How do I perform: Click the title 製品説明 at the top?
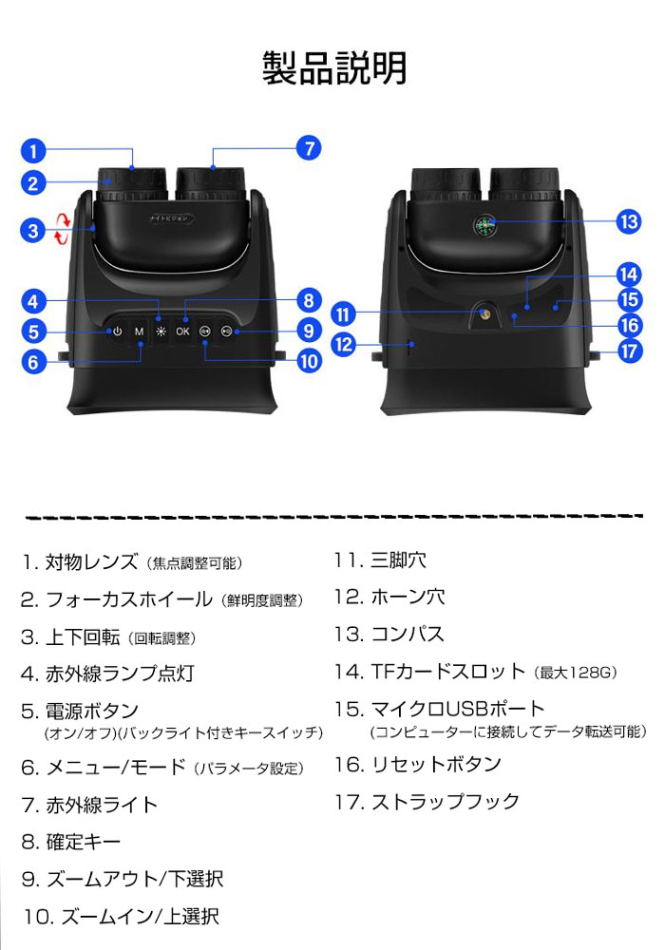[333, 68]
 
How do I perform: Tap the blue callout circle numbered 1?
[32, 150]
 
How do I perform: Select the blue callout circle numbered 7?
[308, 149]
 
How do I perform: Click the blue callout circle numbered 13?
[629, 222]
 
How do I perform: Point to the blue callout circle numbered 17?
[629, 351]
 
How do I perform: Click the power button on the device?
[117, 332]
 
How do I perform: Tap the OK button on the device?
[182, 332]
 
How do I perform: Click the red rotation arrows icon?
[62, 228]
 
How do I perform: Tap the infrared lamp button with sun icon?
[161, 332]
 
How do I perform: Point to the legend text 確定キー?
[84, 842]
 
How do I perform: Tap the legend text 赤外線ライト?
[102, 806]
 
